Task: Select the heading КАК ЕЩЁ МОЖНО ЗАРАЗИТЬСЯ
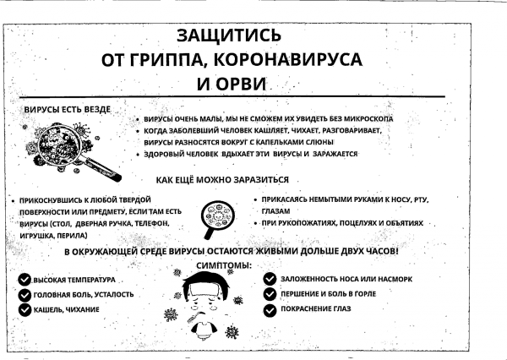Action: point(223,180)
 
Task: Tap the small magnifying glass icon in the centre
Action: point(221,219)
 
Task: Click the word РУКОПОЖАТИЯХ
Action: point(308,222)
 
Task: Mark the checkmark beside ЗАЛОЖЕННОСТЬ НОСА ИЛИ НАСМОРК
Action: point(270,279)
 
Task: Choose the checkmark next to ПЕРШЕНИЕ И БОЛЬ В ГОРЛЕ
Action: point(270,294)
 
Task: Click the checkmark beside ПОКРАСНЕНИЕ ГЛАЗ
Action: point(270,309)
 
